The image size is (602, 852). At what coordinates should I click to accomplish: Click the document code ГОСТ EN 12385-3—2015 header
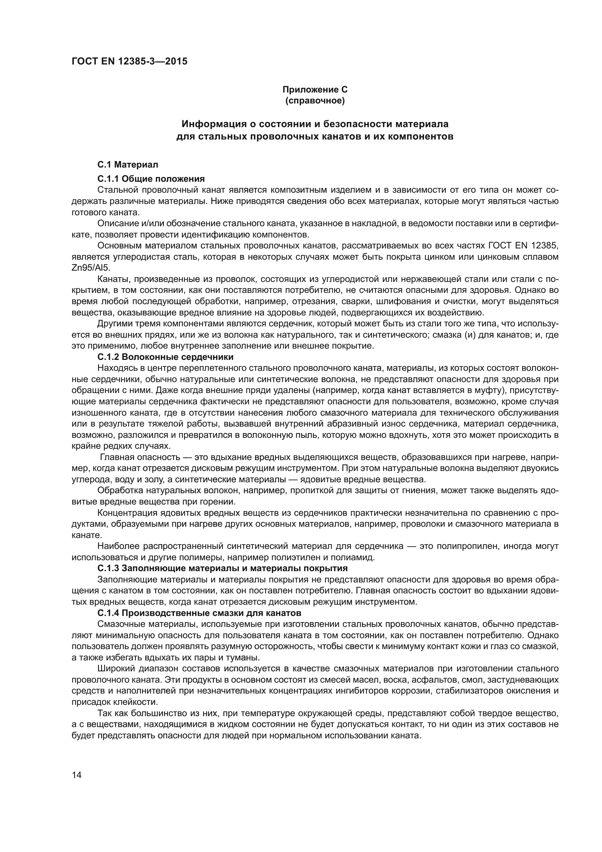(129, 61)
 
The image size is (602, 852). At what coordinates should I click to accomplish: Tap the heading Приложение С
(315, 90)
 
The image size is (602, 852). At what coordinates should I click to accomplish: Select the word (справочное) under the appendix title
(315, 101)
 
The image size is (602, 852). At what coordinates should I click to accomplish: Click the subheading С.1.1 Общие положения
(151, 179)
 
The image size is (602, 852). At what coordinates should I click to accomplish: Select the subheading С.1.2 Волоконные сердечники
(165, 357)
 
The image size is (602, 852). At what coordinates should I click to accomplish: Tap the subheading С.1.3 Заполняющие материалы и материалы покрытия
(222, 568)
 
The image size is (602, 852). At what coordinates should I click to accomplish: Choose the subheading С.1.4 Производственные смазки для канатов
(199, 613)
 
